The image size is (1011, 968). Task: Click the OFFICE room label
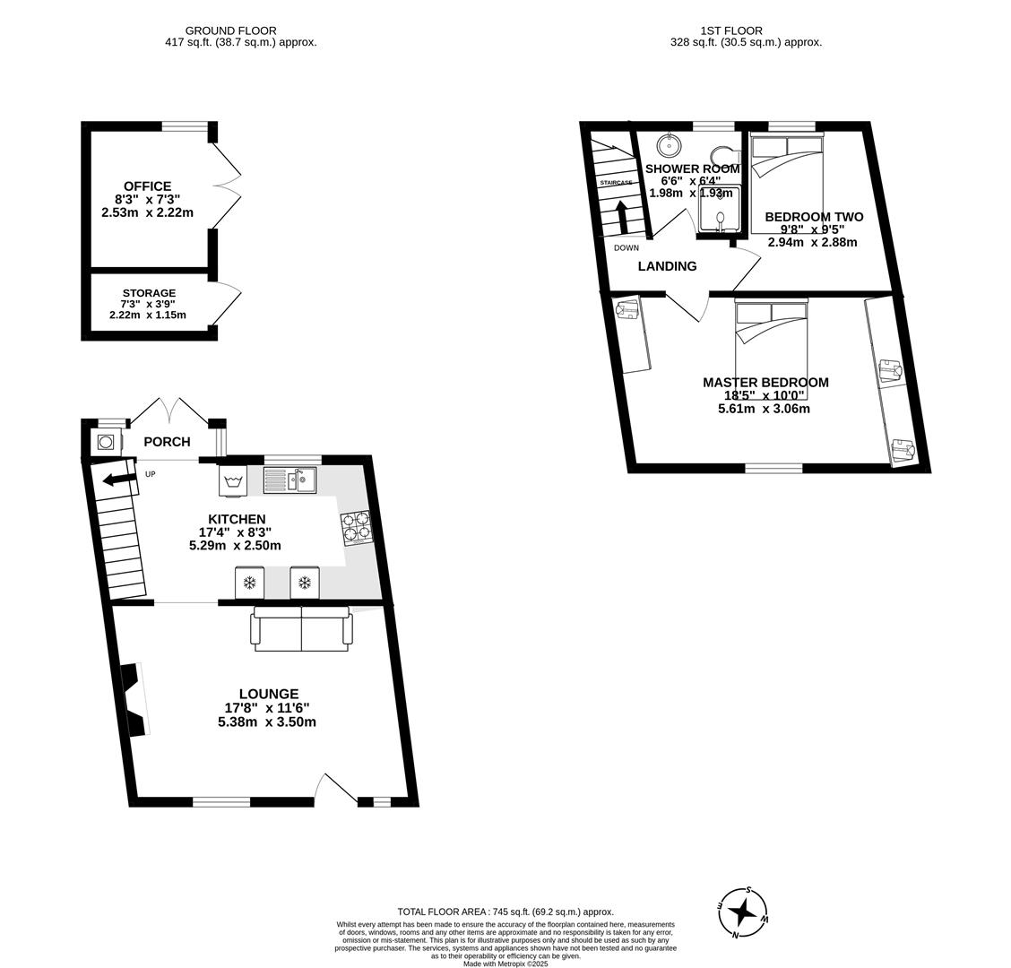(x=148, y=186)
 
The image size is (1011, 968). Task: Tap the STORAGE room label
(x=149, y=293)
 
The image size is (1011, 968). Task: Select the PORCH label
(x=167, y=442)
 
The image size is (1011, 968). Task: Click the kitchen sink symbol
(x=289, y=480)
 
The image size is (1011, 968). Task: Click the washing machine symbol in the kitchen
(x=233, y=480)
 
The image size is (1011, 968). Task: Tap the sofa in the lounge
(x=301, y=629)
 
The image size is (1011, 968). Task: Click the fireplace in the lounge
(x=134, y=700)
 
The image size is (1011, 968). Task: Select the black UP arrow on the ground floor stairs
(x=120, y=479)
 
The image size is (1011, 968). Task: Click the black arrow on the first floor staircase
(x=622, y=216)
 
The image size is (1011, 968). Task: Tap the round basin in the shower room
(x=668, y=144)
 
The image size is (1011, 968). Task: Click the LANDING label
(x=667, y=266)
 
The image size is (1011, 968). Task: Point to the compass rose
(x=743, y=912)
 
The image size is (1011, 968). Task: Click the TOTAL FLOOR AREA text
(x=505, y=912)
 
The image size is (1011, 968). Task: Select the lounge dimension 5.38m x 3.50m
(x=267, y=722)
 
